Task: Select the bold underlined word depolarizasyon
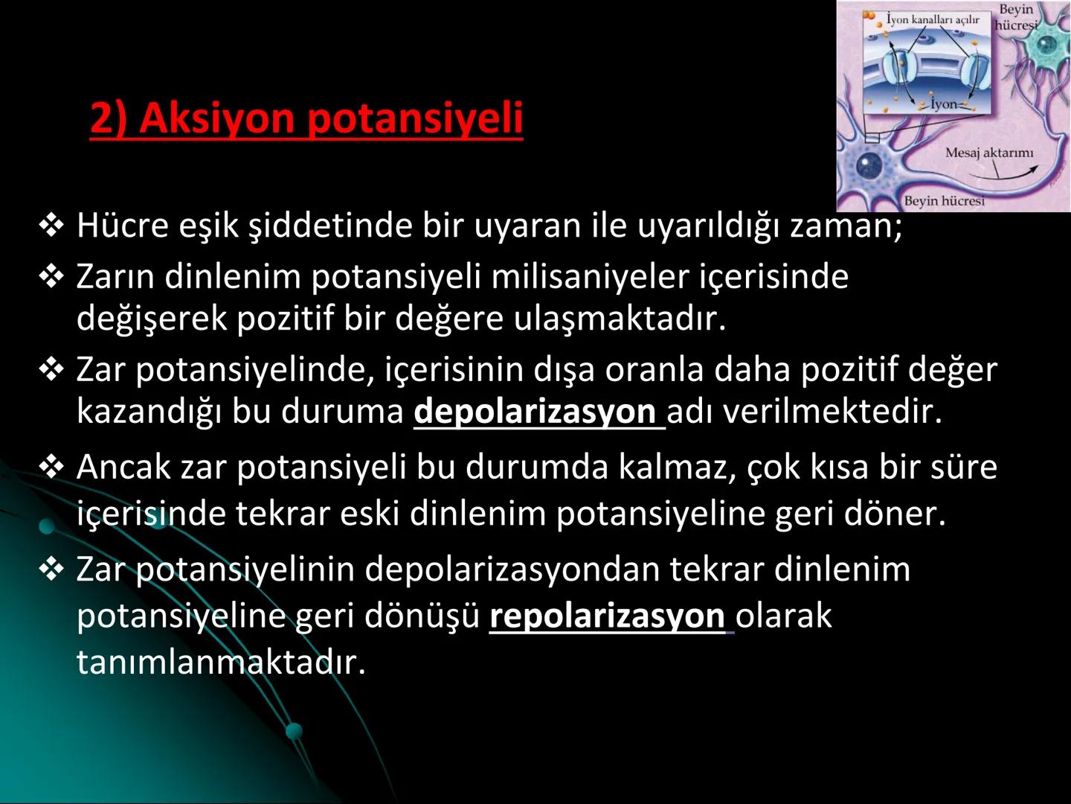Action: [535, 412]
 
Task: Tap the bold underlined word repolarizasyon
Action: [607, 616]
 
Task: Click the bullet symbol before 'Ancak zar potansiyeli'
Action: [51, 468]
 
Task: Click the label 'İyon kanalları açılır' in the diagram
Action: [933, 20]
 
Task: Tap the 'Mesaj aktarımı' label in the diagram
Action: [989, 153]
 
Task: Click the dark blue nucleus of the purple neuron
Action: [867, 165]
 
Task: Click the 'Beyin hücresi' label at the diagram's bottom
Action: [944, 201]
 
